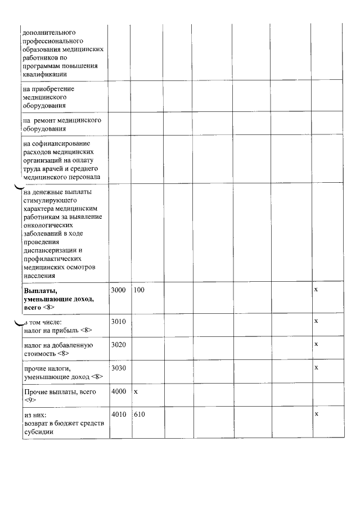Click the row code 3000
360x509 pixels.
[118, 290]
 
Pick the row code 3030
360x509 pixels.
[118, 368]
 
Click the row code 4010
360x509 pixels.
[118, 415]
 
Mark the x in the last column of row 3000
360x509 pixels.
[316, 289]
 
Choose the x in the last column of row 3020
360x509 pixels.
[316, 344]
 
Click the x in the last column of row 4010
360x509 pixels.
[316, 414]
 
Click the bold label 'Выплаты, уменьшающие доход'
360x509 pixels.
[58, 299]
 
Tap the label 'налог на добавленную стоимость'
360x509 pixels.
[58, 349]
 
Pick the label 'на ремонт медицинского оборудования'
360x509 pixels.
[62, 124]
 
